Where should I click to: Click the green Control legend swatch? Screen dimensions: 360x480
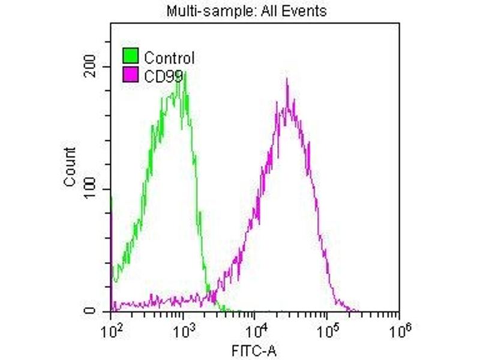(130, 58)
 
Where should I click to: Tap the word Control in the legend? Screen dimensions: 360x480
(169, 58)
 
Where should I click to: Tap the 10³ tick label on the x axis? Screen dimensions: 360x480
(183, 328)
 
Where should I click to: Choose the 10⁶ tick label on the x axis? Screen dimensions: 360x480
(399, 328)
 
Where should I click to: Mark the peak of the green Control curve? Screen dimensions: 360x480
(185, 73)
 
